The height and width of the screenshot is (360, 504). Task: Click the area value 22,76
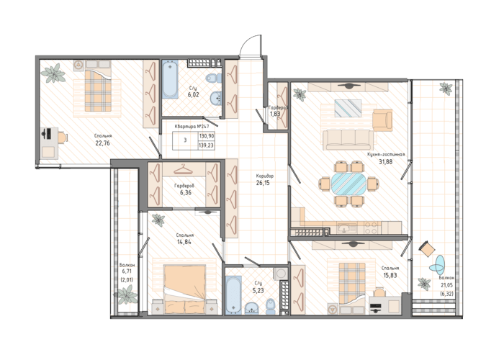click(x=102, y=143)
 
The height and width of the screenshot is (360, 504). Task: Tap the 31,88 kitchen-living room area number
click(x=385, y=162)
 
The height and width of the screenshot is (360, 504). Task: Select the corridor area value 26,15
click(x=263, y=183)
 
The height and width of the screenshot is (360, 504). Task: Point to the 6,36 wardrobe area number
click(x=186, y=192)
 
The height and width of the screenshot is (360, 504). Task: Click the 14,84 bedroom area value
click(x=184, y=242)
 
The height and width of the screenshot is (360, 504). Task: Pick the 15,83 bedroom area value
click(x=390, y=275)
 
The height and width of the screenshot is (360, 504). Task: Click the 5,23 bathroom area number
click(x=258, y=290)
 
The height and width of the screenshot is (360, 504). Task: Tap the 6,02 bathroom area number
click(x=194, y=95)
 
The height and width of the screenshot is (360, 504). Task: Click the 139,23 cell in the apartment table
click(x=207, y=145)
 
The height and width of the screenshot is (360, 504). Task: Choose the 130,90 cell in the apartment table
click(x=207, y=136)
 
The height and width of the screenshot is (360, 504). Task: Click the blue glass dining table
click(x=348, y=184)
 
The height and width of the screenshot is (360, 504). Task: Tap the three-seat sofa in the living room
click(x=348, y=140)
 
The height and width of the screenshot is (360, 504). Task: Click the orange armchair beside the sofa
click(x=382, y=120)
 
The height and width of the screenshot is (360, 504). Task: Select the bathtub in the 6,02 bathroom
click(x=170, y=79)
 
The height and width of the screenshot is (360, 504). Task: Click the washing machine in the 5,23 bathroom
click(x=281, y=273)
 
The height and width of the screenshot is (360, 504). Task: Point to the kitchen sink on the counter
click(x=347, y=228)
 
